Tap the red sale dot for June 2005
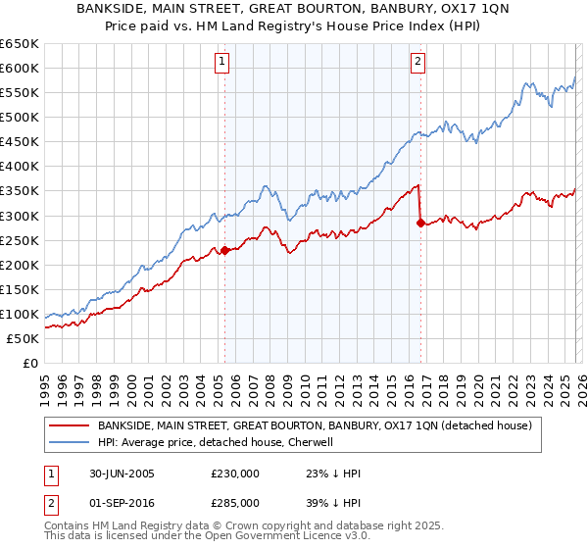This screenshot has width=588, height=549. click(224, 250)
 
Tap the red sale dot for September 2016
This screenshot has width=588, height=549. click(420, 223)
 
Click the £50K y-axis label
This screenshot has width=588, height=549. click(23, 338)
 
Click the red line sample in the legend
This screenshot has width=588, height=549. click(70, 425)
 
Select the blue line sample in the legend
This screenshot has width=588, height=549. click(70, 442)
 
